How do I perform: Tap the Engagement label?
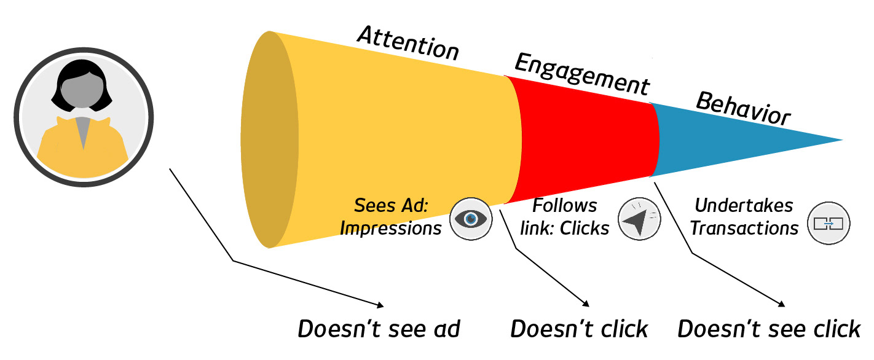(x=581, y=74)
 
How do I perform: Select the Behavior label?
(x=742, y=109)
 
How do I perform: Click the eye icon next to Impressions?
(x=471, y=218)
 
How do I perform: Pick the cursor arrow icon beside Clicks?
(x=639, y=218)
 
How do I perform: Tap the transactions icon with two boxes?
(x=829, y=223)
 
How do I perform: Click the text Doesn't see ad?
(x=379, y=329)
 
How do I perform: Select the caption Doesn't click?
(x=579, y=329)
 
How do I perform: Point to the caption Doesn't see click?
(x=768, y=329)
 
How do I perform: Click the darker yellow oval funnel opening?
(x=269, y=140)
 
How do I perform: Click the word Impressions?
(x=390, y=229)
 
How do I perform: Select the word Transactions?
(x=744, y=229)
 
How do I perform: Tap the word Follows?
(x=564, y=205)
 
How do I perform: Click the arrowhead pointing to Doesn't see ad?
(x=381, y=305)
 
